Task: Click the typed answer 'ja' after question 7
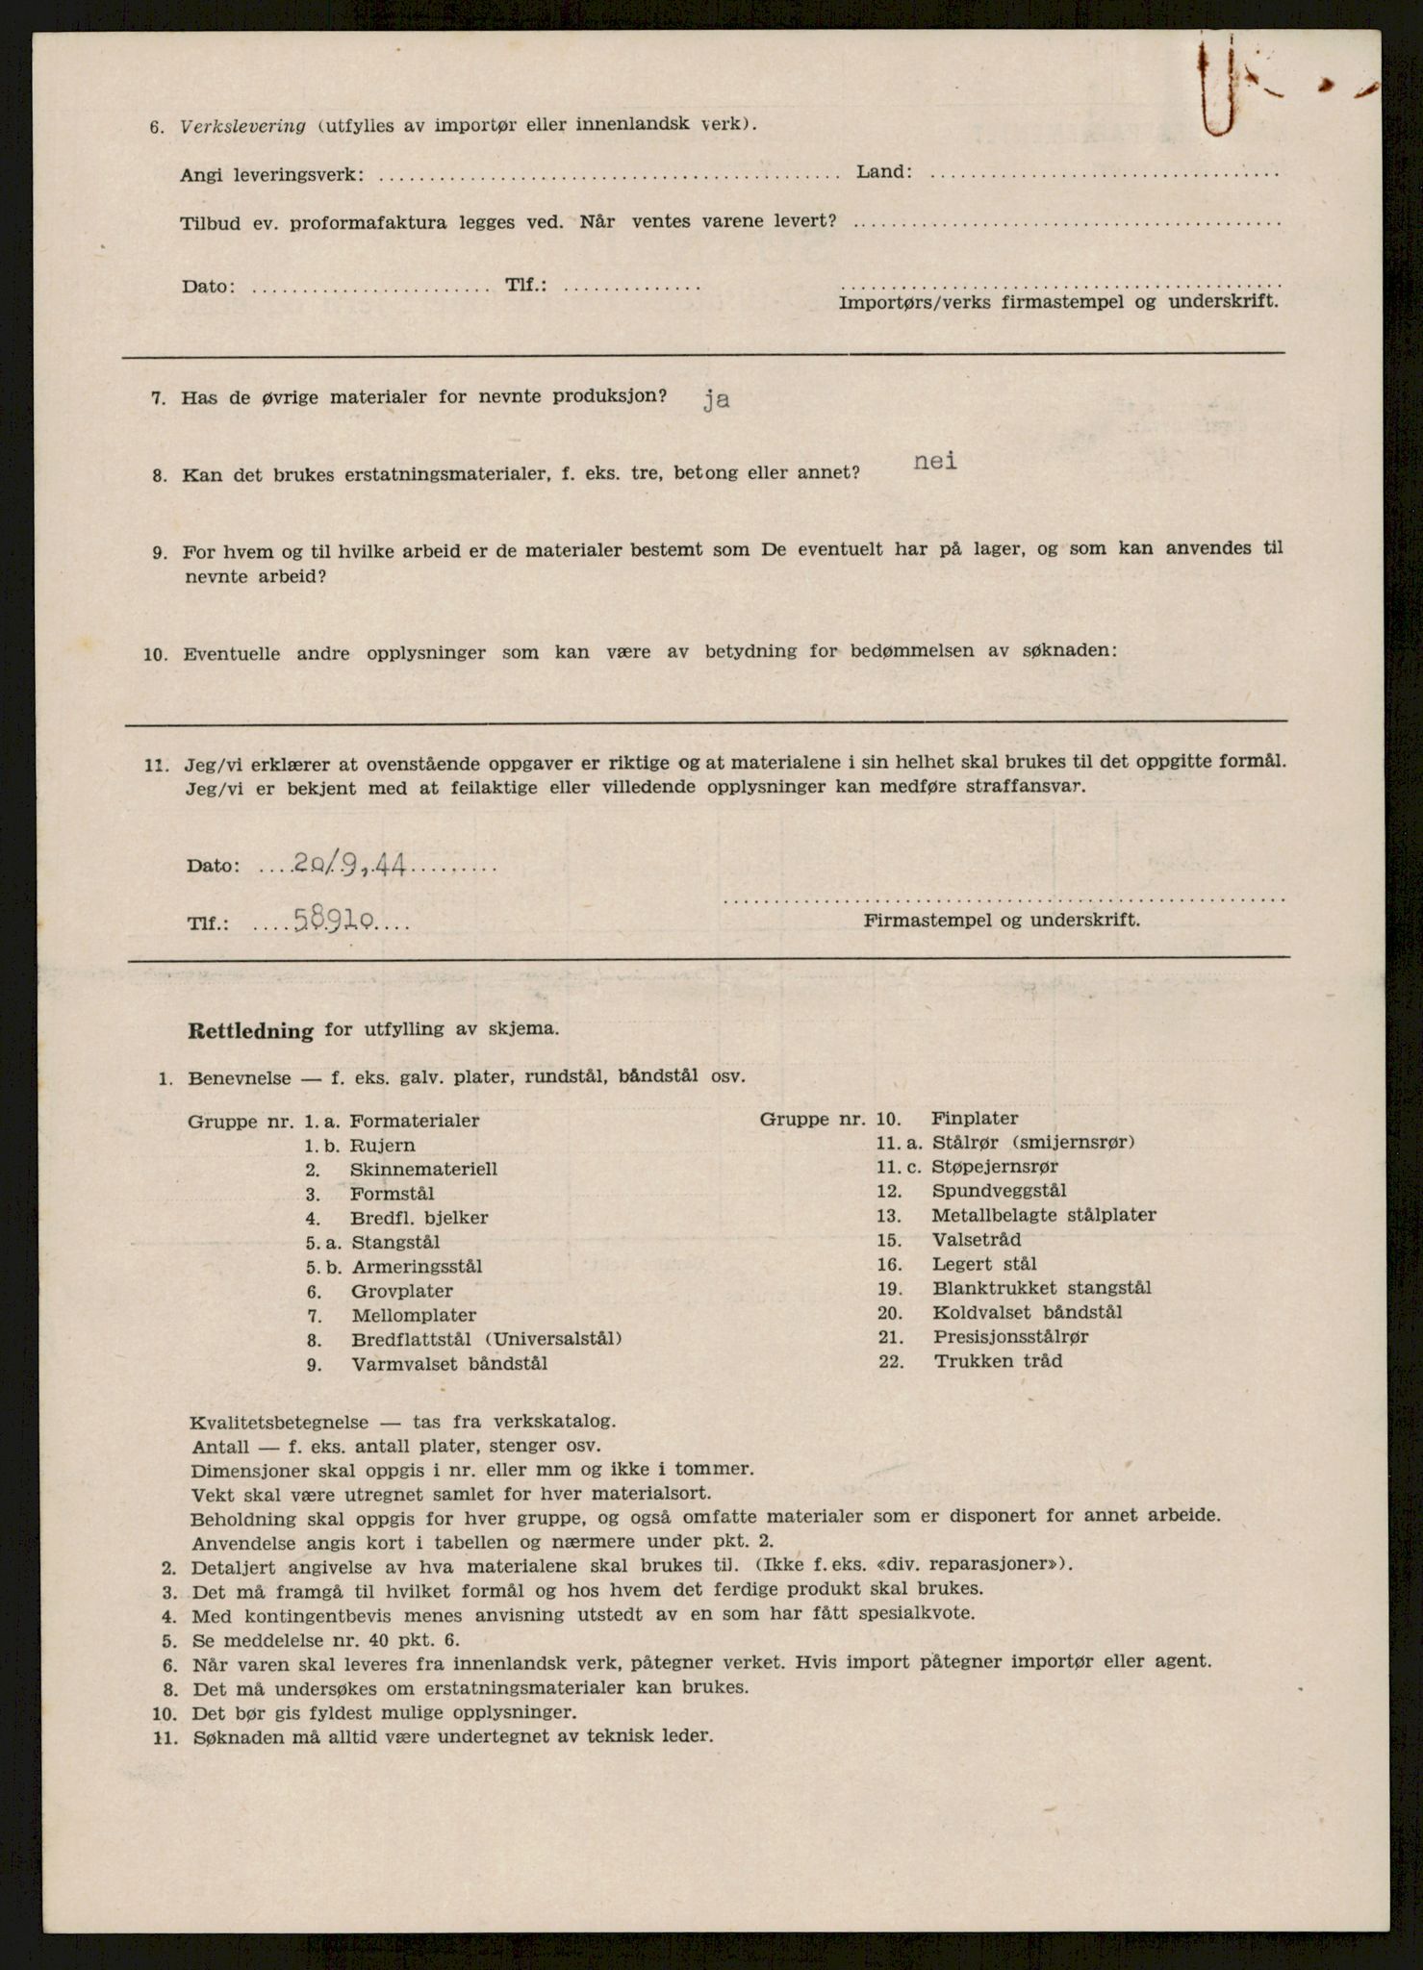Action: coord(716,400)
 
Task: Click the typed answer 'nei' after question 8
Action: coord(935,462)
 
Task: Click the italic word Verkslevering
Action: coord(242,126)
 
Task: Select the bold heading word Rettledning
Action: coord(251,1031)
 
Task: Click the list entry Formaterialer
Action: coord(414,1121)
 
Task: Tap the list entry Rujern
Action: coord(383,1146)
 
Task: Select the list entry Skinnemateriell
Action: coord(423,1170)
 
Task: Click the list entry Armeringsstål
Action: coord(417,1267)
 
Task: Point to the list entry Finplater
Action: coord(975,1119)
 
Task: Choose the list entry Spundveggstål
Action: coord(999,1191)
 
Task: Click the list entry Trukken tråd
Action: coord(998,1361)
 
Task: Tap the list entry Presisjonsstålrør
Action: coord(1010,1337)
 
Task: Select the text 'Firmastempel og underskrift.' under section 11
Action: coord(1002,920)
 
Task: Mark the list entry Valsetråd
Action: coord(977,1240)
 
